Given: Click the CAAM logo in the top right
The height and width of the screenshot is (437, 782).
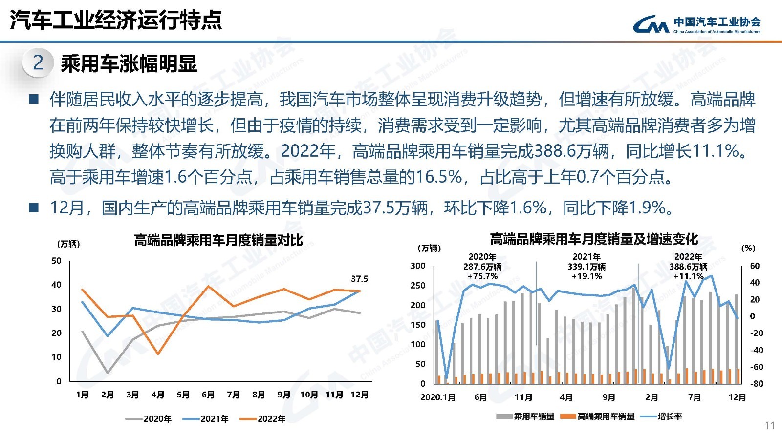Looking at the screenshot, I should coord(696,24).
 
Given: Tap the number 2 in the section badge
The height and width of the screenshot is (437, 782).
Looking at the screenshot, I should coord(38,63).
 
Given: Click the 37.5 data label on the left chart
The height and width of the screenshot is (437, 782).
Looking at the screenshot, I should coord(359,279).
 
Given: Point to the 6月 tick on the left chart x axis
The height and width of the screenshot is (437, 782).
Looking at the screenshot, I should coord(208,395).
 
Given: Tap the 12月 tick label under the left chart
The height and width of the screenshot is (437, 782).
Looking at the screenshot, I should coord(359,395).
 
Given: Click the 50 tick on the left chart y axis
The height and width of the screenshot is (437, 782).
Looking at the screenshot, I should coord(56,261).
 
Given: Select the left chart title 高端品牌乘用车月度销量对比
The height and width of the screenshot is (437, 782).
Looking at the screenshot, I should coord(218,240).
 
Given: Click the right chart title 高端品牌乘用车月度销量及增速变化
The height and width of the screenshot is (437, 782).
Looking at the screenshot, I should coord(594,239).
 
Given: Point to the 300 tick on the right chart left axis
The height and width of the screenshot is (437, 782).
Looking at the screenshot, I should coord(418,266).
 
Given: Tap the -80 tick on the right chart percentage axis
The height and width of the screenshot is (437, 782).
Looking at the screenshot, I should coord(756,384).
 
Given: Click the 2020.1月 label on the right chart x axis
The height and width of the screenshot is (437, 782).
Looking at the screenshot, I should coord(438,397).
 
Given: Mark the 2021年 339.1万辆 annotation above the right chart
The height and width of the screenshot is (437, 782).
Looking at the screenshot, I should coord(586,267).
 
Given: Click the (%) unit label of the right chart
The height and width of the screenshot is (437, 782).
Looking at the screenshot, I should coord(748,248).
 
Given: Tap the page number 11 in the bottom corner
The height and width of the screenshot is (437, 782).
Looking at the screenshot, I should coord(770,425).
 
